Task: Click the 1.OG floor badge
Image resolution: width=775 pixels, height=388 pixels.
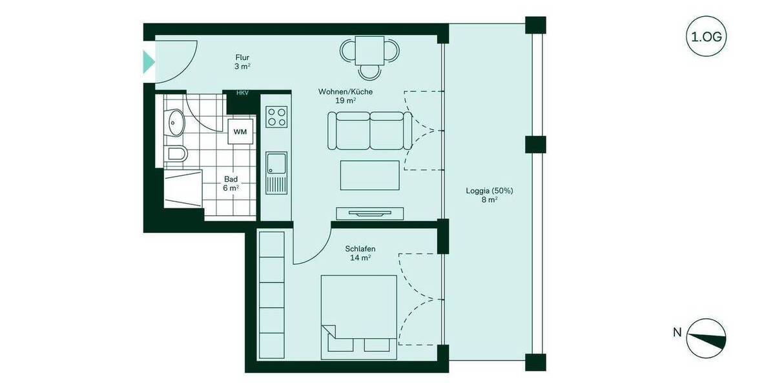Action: (706, 36)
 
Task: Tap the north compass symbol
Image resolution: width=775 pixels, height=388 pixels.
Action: (706, 338)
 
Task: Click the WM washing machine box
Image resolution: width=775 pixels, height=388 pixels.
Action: (240, 131)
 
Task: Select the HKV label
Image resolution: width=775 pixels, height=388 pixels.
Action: (242, 93)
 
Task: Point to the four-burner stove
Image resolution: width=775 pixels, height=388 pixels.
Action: (276, 117)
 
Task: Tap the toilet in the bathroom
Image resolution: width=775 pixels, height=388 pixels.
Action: (176, 154)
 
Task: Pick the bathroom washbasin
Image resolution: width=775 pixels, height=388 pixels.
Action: (174, 122)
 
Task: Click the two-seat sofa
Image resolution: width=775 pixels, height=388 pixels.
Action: (369, 130)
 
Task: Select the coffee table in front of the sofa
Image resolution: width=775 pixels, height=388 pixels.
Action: (369, 175)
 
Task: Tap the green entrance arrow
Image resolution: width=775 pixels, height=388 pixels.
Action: (149, 62)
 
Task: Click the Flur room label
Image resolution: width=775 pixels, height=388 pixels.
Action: (242, 58)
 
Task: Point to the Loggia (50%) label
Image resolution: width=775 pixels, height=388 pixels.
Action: (489, 191)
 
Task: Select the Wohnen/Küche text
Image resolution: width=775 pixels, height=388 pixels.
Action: (346, 92)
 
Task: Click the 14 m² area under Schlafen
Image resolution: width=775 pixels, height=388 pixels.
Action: (360, 258)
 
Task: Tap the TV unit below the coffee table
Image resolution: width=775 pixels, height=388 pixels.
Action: (369, 213)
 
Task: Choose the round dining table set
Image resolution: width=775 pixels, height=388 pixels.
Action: (370, 54)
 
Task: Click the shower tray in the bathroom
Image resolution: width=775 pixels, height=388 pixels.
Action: (183, 189)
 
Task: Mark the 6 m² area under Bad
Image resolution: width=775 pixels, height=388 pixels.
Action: (231, 188)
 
